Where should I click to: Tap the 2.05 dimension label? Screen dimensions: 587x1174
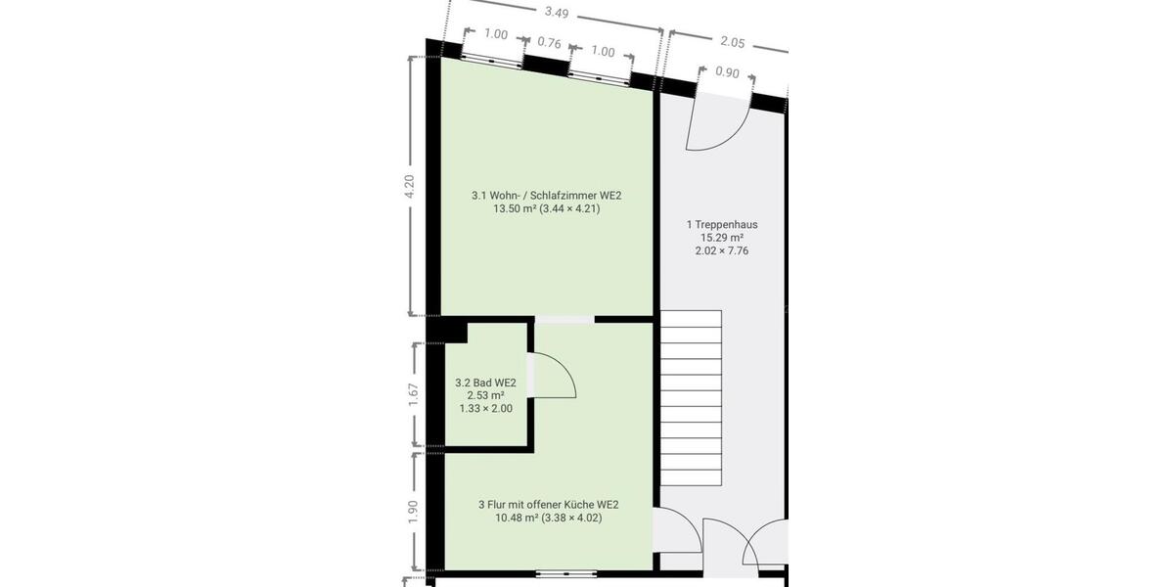click(733, 42)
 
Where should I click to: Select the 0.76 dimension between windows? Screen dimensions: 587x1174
click(550, 43)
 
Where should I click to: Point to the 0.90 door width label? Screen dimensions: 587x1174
click(727, 71)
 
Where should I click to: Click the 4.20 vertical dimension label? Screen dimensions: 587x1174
click(410, 186)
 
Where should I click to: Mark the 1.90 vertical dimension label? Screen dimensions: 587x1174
click(413, 512)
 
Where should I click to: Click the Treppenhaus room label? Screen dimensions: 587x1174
click(722, 224)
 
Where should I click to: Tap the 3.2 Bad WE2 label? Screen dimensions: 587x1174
click(485, 383)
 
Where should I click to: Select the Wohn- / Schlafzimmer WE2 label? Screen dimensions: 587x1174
click(546, 196)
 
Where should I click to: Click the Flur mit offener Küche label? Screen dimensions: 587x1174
click(548, 505)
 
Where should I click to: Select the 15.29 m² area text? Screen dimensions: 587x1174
click(722, 238)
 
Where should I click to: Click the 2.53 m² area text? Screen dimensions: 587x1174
click(485, 395)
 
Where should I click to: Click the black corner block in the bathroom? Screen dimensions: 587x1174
click(456, 332)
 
